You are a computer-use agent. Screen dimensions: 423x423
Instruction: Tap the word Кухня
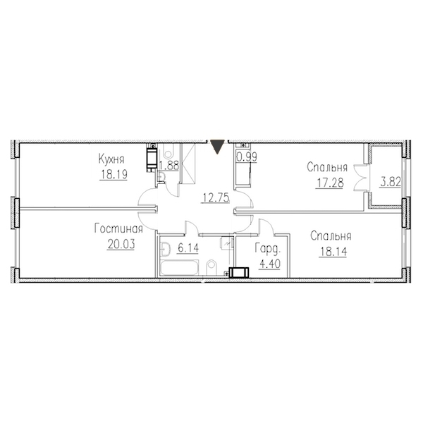(111, 159)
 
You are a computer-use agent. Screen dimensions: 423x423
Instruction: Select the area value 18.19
(114, 175)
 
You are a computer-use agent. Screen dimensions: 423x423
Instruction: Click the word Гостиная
(118, 229)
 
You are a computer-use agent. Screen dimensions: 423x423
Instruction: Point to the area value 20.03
(121, 245)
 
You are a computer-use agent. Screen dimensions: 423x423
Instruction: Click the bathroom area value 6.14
(188, 248)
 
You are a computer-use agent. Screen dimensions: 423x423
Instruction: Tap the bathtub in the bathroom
(179, 268)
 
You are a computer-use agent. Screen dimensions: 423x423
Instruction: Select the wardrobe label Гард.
(268, 248)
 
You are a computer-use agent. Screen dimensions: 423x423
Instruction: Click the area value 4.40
(270, 264)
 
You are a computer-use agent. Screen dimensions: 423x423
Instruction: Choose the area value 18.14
(333, 252)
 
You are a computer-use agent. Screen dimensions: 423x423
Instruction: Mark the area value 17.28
(330, 183)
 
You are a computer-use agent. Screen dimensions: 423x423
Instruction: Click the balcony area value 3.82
(391, 182)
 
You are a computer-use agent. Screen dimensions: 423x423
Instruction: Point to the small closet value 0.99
(247, 157)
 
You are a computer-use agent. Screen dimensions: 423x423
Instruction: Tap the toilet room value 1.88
(169, 166)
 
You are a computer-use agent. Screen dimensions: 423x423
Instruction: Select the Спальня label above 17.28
(327, 168)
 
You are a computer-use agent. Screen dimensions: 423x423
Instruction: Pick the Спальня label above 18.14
(331, 236)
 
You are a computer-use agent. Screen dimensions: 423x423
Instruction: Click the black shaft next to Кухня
(152, 158)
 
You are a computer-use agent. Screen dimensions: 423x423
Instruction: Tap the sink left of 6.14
(165, 249)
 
